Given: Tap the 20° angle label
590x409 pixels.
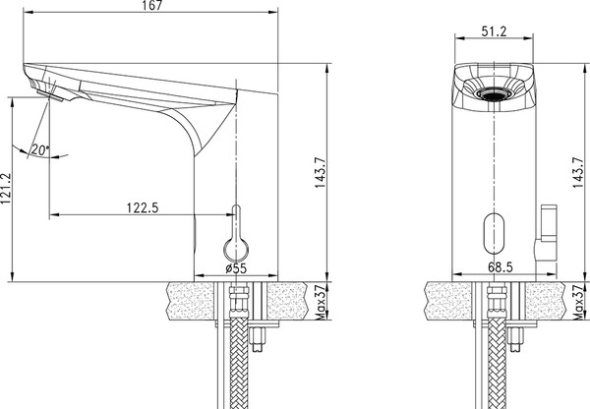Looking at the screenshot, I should click(39, 149).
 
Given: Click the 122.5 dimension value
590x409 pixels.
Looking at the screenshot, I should click(144, 206).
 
